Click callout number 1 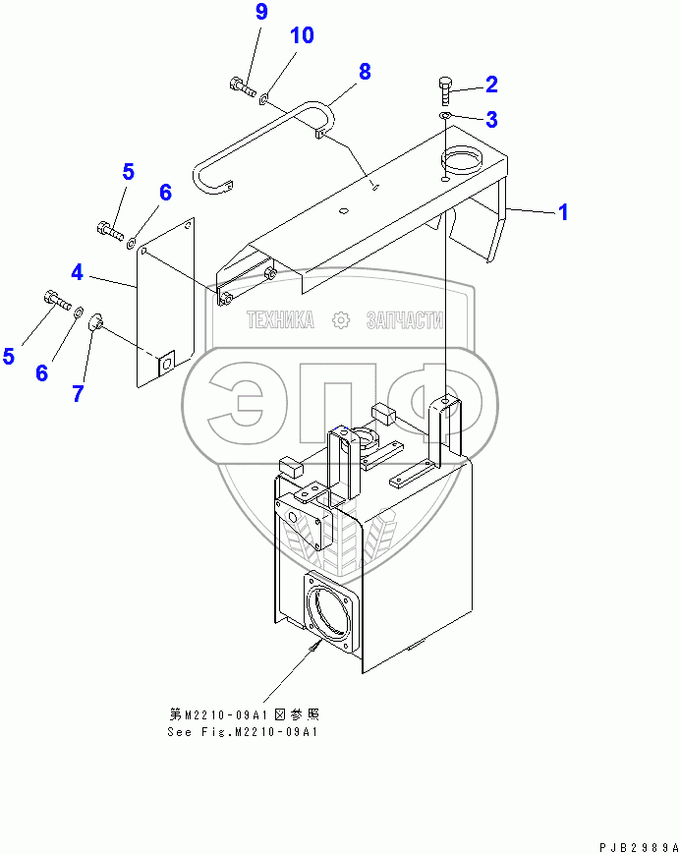click(x=563, y=211)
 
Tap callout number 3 click(x=491, y=120)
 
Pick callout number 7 click(x=76, y=393)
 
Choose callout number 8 click(x=365, y=71)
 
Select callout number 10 click(x=302, y=36)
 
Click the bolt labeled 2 click(x=445, y=92)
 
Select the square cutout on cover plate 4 click(x=165, y=362)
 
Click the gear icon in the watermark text click(x=341, y=320)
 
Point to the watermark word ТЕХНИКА click(x=280, y=320)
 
